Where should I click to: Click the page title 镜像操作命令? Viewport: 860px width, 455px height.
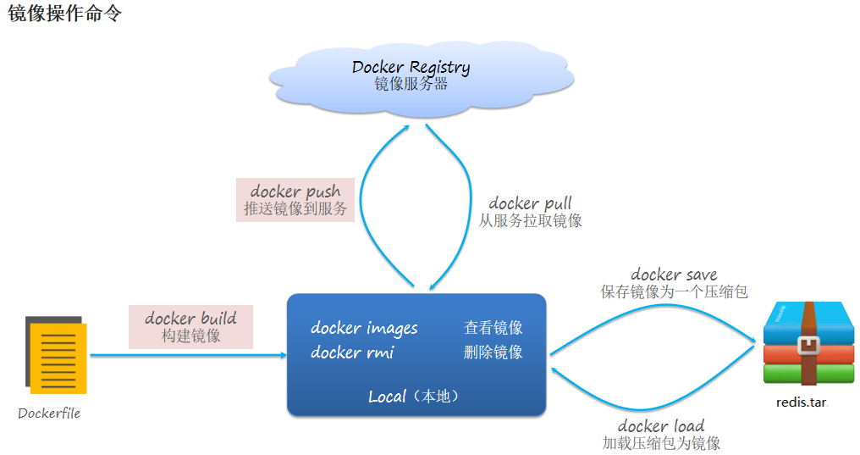click(65, 14)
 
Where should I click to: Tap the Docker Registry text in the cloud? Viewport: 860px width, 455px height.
click(411, 67)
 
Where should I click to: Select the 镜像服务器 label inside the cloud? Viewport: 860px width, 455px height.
click(411, 85)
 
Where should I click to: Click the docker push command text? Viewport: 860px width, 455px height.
click(295, 191)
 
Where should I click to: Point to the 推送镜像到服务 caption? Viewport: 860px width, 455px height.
click(295, 209)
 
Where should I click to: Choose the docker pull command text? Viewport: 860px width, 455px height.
click(530, 203)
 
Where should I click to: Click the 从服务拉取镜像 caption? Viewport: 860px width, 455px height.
click(530, 221)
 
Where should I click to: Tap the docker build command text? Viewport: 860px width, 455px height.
click(190, 319)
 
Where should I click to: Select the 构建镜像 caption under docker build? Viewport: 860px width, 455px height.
click(190, 336)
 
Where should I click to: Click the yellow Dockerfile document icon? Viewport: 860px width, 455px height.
click(58, 357)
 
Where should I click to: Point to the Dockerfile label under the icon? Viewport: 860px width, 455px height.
click(49, 413)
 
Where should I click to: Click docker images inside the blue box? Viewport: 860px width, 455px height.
click(364, 328)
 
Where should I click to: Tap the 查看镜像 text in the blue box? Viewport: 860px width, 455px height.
click(493, 328)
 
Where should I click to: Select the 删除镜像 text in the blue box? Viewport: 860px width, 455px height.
click(493, 352)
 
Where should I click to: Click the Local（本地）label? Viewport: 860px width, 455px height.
click(416, 397)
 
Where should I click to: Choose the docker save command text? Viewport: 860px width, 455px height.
click(674, 275)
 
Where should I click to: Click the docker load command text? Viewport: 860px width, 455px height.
click(660, 425)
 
